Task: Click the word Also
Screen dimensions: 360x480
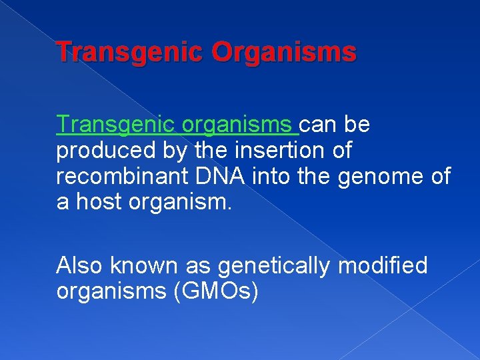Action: (x=80, y=266)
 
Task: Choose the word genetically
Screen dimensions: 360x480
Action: (x=273, y=266)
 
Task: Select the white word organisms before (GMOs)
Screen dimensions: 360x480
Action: (x=111, y=292)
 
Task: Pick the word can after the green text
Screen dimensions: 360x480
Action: (x=319, y=125)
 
